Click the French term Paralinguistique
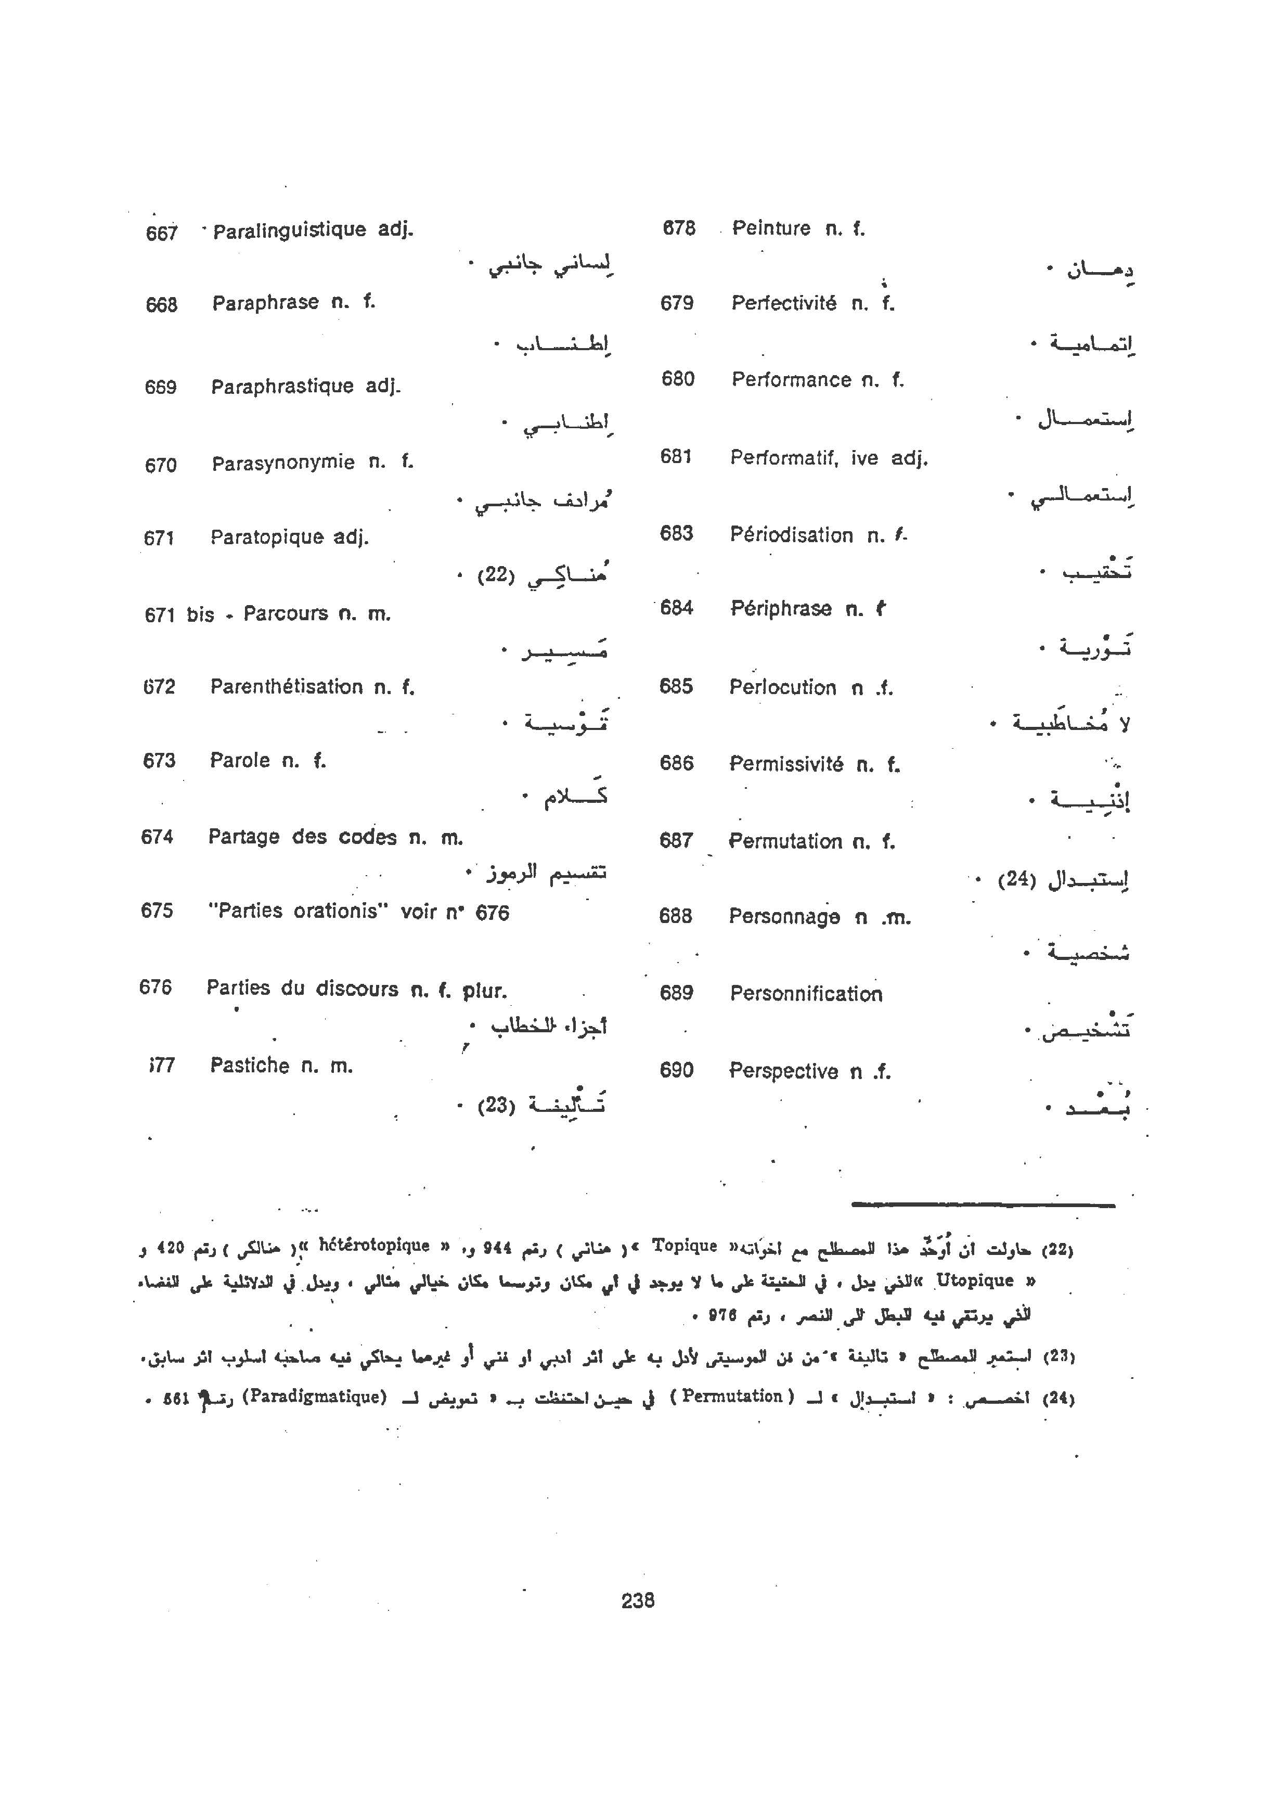[289, 230]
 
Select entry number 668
[161, 304]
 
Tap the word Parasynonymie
[282, 463]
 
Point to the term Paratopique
[267, 537]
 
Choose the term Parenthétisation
[287, 687]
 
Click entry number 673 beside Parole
[159, 761]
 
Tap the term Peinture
[771, 228]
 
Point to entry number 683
[676, 534]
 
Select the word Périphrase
[781, 608]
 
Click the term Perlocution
[782, 687]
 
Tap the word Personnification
[806, 994]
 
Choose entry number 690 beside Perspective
[676, 1070]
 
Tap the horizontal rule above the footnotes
[983, 1205]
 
